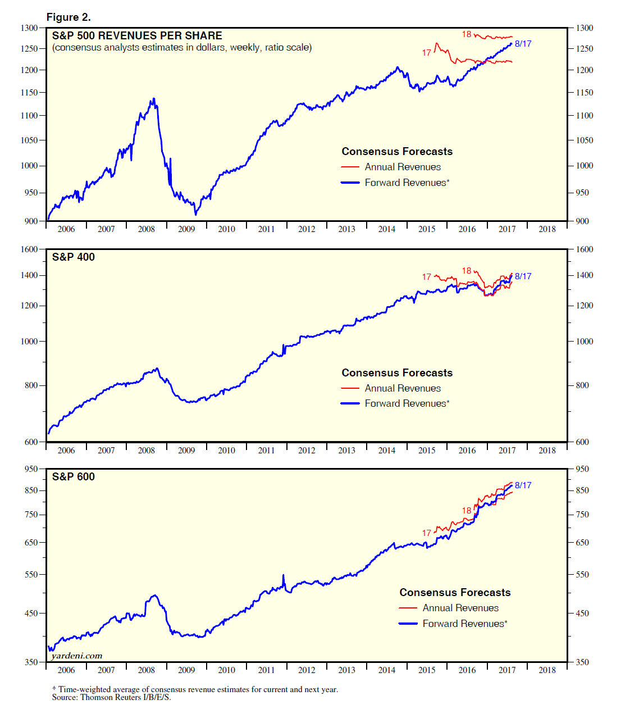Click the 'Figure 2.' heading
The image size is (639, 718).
69,17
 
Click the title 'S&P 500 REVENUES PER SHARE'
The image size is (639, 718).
137,35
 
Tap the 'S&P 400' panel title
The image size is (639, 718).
74,257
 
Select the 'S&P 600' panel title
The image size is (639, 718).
74,476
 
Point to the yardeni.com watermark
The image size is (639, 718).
77,656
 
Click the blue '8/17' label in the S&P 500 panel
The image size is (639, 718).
523,44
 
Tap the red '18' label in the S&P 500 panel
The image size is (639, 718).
467,34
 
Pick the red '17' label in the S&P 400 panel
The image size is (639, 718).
427,277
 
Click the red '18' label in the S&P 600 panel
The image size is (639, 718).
467,511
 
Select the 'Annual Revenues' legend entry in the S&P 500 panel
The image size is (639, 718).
403,167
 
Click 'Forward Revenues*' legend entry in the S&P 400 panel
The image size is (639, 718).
407,403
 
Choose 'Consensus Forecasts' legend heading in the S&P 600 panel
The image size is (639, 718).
455,592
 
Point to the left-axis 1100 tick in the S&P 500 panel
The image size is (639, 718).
29,116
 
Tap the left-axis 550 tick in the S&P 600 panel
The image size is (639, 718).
31,575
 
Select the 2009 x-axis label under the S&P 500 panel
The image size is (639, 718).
186,229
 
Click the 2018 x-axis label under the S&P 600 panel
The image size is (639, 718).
547,670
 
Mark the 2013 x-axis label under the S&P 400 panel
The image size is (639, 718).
346,451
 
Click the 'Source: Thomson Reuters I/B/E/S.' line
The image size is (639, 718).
111,698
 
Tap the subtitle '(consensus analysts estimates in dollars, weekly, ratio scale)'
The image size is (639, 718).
182,48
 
